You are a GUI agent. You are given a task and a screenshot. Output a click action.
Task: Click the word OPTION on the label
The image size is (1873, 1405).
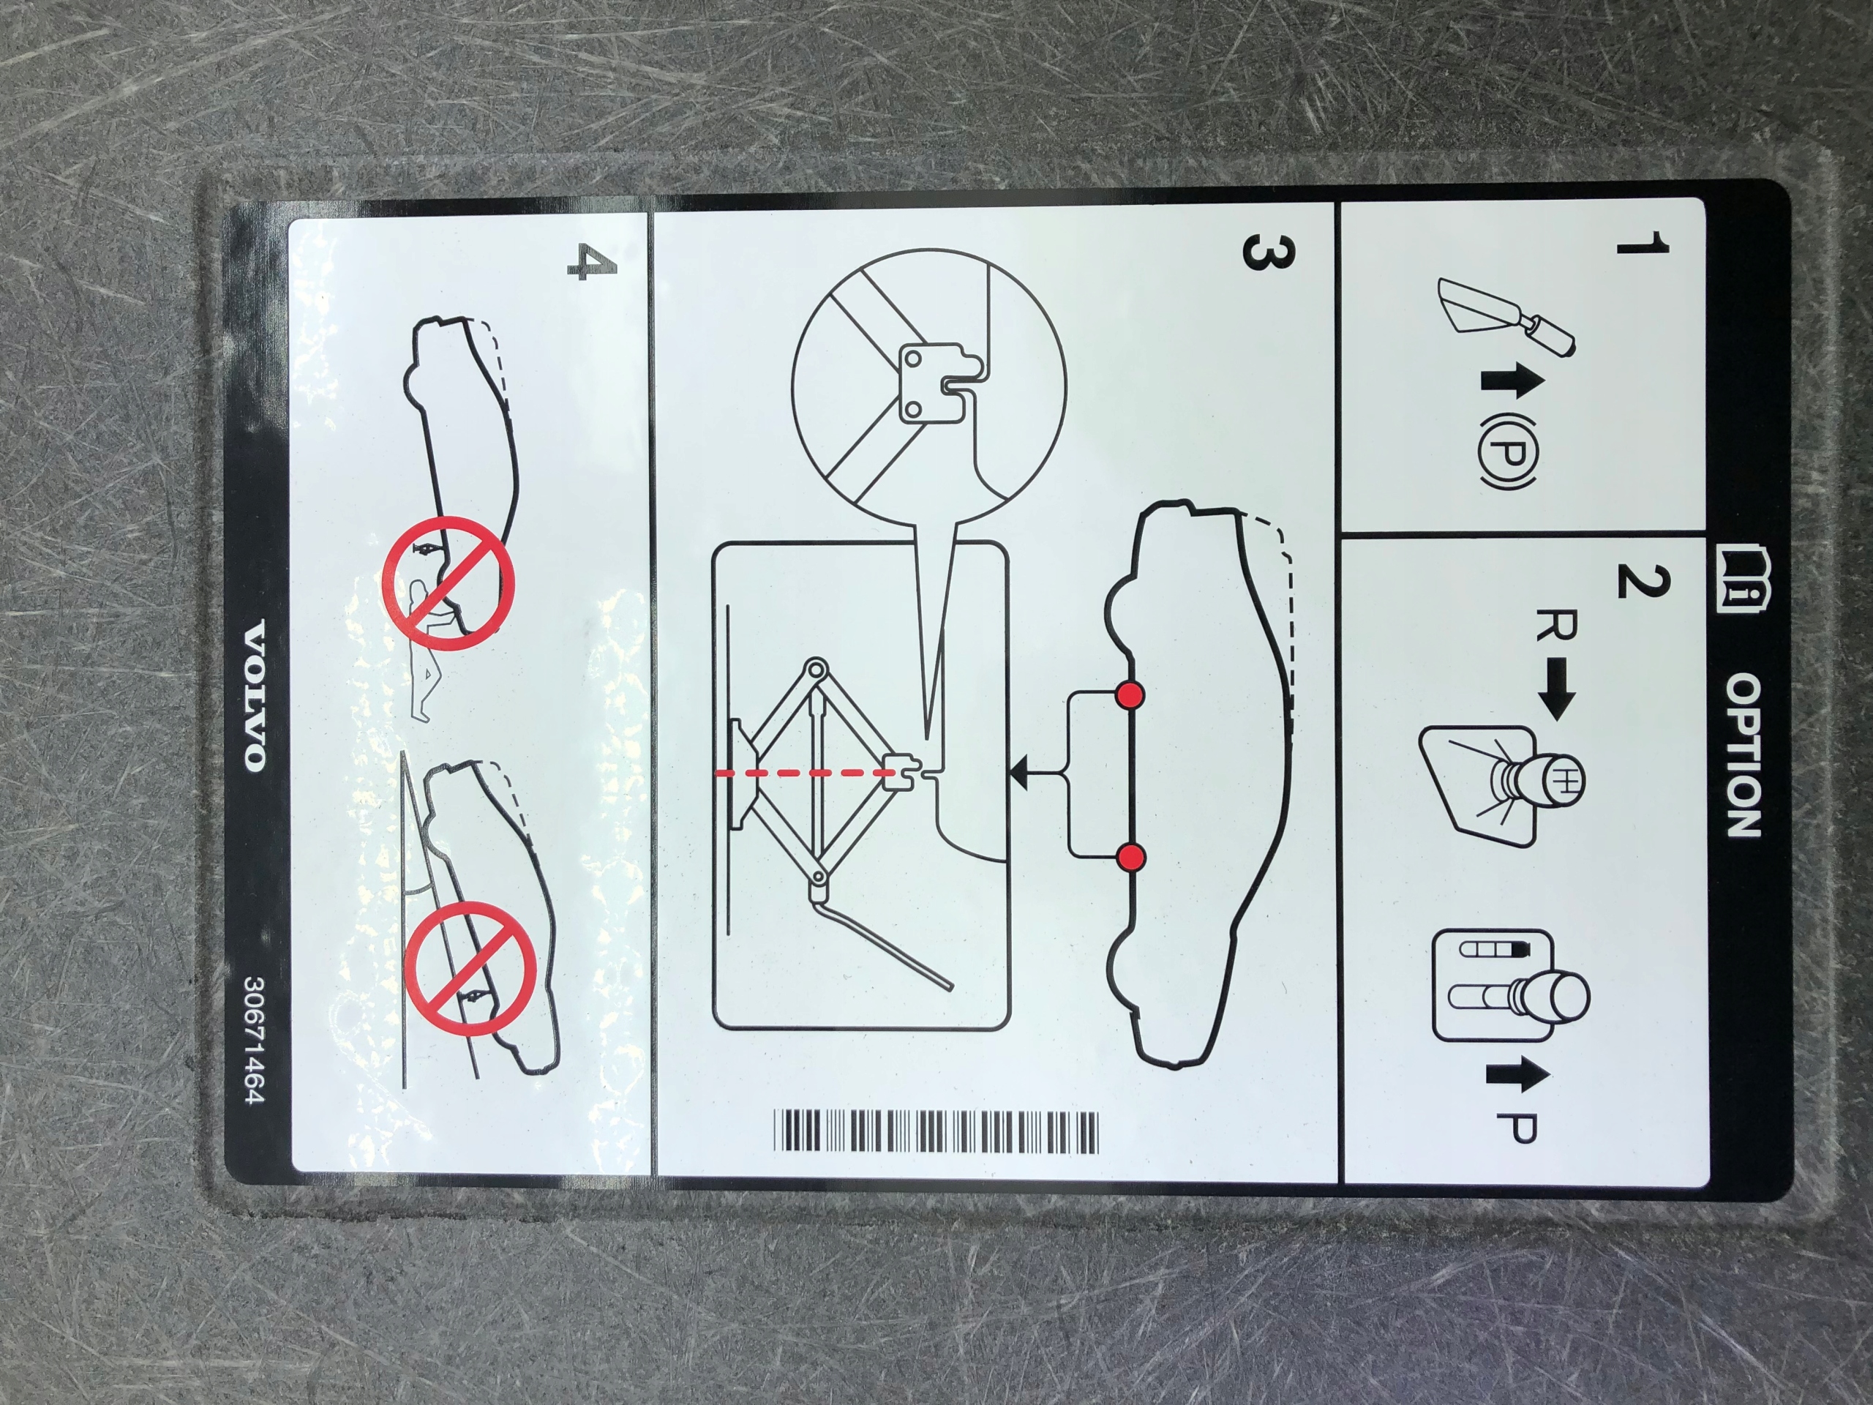pyautogui.click(x=1745, y=755)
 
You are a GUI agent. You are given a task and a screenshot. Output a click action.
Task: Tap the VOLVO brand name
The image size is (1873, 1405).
pyautogui.click(x=254, y=695)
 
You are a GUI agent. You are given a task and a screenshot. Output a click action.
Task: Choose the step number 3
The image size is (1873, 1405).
pyautogui.click(x=1269, y=254)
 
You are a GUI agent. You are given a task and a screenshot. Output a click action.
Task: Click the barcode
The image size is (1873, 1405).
pyautogui.click(x=936, y=1131)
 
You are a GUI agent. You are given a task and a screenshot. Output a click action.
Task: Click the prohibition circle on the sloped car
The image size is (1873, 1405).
pyautogui.click(x=470, y=968)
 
